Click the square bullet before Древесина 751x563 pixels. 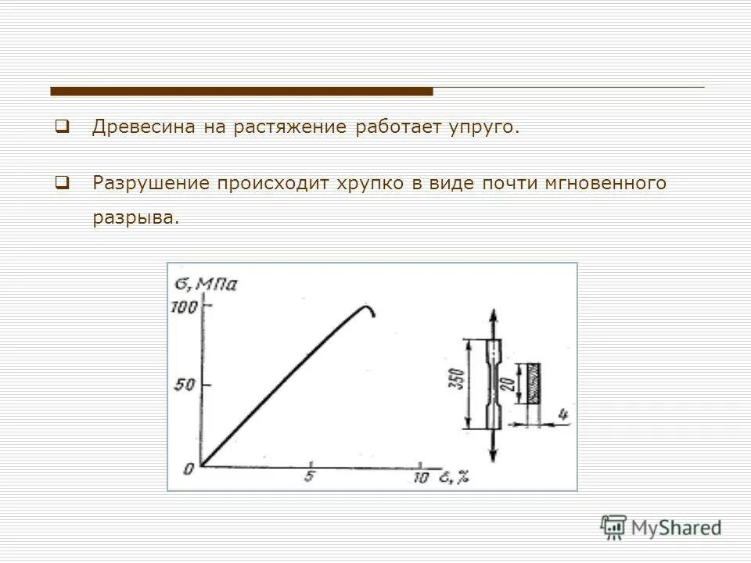[62, 126]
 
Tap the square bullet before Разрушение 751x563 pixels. [62, 183]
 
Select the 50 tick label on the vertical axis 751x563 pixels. [185, 385]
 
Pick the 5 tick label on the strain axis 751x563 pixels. [309, 478]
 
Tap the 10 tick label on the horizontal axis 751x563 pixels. [420, 478]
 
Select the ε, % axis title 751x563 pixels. [453, 477]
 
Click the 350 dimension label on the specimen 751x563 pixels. [461, 382]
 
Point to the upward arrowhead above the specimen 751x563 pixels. [493, 317]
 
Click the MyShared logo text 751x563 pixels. [676, 528]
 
